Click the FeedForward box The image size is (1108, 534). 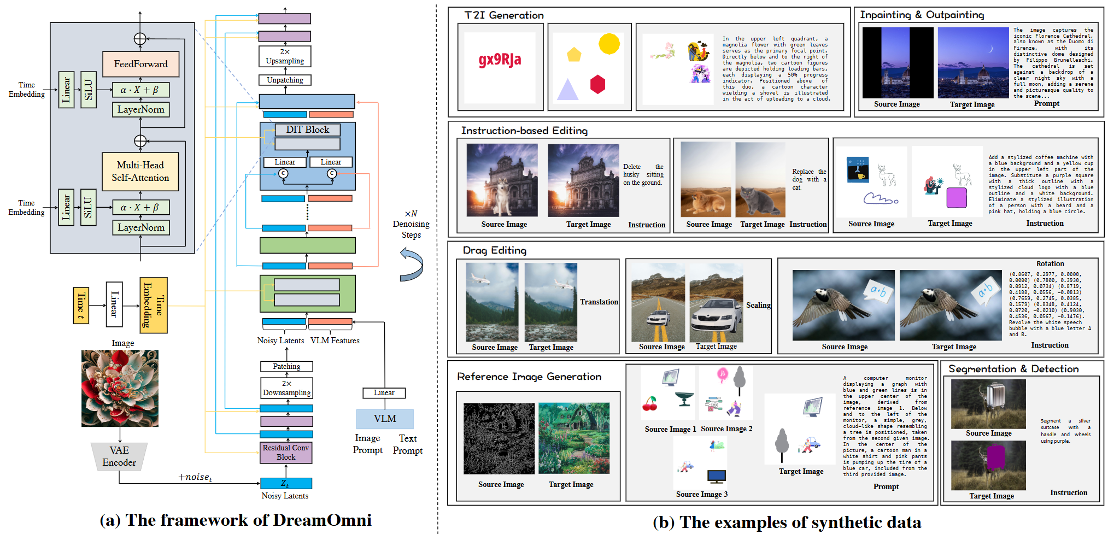[x=140, y=64]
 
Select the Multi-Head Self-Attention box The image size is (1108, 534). [x=140, y=171]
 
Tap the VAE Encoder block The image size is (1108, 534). [x=119, y=456]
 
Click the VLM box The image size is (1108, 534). [x=385, y=419]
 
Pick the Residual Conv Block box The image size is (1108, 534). [x=286, y=453]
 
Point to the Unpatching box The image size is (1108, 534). [x=285, y=80]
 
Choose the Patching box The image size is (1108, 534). [x=286, y=366]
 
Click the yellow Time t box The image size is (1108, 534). [x=81, y=305]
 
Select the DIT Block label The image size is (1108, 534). [x=308, y=130]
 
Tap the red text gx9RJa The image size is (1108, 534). [x=500, y=59]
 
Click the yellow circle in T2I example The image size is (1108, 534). [x=609, y=44]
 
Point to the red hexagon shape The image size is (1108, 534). [x=597, y=84]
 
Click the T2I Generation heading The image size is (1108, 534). [x=504, y=15]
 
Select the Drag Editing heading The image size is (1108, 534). [x=495, y=250]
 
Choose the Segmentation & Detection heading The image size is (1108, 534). [x=1013, y=369]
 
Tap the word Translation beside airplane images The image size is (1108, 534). [x=599, y=302]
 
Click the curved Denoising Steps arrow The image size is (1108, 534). [x=412, y=265]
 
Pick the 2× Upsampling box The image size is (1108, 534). [x=285, y=56]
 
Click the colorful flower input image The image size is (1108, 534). [x=120, y=388]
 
